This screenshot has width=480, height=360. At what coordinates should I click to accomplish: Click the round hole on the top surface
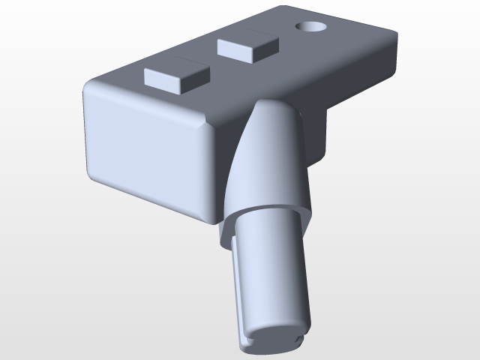click(x=310, y=26)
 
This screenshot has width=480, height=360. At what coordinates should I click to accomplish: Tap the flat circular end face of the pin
click(x=273, y=339)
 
